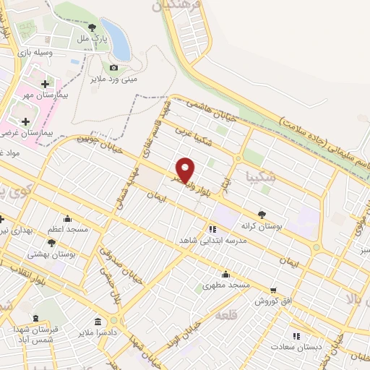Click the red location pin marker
point(186,169)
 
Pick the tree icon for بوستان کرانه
point(262,215)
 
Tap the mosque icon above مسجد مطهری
point(226,274)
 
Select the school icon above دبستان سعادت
point(295,336)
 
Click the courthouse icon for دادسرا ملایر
point(98,322)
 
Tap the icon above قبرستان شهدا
point(34,319)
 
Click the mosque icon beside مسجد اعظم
point(67,219)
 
